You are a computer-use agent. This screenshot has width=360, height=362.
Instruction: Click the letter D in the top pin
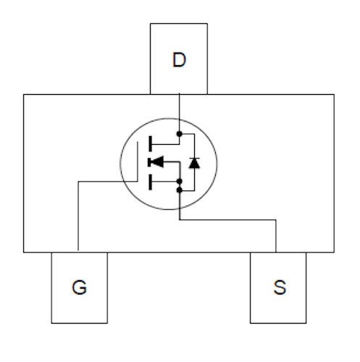coord(179,59)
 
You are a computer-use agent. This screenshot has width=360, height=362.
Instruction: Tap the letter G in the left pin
coord(79,287)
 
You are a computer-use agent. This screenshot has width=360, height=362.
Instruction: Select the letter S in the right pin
coord(280,287)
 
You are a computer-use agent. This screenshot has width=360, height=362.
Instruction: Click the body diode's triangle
coord(194,164)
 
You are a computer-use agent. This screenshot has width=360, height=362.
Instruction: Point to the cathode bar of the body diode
coord(194,159)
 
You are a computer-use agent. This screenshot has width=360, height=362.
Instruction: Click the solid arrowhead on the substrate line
coord(158,161)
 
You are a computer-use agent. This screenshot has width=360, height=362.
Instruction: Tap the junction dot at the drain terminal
coord(179,134)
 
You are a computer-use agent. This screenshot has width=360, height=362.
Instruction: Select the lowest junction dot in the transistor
coord(179,190)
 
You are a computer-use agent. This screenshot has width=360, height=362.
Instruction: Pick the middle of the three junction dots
coord(179,181)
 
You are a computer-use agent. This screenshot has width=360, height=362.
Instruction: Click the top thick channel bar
coord(150,144)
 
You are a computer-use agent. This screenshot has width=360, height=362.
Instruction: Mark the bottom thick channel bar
coord(150,182)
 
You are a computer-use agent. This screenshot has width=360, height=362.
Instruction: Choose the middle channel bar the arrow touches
coord(150,162)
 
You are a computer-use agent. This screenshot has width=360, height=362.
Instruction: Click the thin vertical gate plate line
coord(138,161)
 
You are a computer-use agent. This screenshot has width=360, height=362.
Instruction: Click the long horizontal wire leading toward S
coord(227,220)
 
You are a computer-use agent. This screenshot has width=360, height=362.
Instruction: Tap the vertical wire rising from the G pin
coord(78,216)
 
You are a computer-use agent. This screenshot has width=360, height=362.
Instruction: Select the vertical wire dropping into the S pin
coord(276,236)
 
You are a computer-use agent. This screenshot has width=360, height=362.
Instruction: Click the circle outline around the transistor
coord(120,164)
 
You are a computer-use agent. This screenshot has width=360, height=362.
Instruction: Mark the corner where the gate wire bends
coord(78,182)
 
